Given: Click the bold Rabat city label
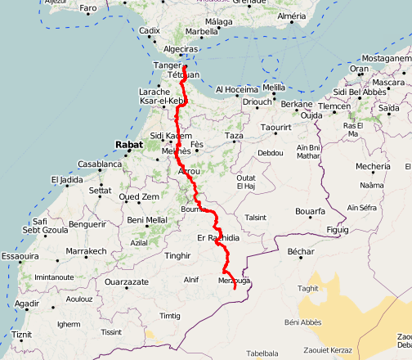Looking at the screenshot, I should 129,145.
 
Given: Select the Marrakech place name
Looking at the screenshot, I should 86,251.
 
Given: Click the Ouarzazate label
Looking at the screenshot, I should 127,281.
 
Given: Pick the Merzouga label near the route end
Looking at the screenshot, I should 233,281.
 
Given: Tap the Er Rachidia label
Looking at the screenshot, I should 219,237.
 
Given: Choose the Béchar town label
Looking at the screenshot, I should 301,251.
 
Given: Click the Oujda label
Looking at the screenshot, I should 311,115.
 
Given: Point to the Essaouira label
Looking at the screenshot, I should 20,256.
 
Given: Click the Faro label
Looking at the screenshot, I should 88,8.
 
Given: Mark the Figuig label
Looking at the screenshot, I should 337,231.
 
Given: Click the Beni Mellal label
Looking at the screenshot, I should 147,220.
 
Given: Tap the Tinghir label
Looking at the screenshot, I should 177,255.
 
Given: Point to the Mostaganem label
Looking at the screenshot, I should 383,59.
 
